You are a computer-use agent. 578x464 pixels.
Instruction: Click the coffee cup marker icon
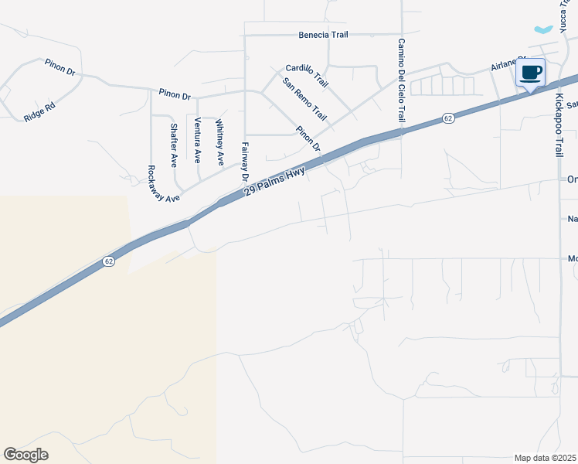(x=530, y=73)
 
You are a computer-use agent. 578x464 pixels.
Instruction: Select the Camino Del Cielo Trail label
(x=402, y=81)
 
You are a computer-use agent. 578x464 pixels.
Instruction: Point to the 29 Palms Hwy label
(x=275, y=180)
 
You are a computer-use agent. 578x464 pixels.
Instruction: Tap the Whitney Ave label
(x=220, y=142)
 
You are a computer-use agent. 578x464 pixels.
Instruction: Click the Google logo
(x=25, y=455)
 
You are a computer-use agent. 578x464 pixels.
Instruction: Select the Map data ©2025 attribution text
(x=546, y=458)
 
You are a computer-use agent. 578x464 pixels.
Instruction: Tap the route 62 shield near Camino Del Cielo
(x=448, y=118)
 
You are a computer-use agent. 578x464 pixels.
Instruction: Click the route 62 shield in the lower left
(x=109, y=262)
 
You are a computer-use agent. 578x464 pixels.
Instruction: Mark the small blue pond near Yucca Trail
(x=544, y=29)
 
